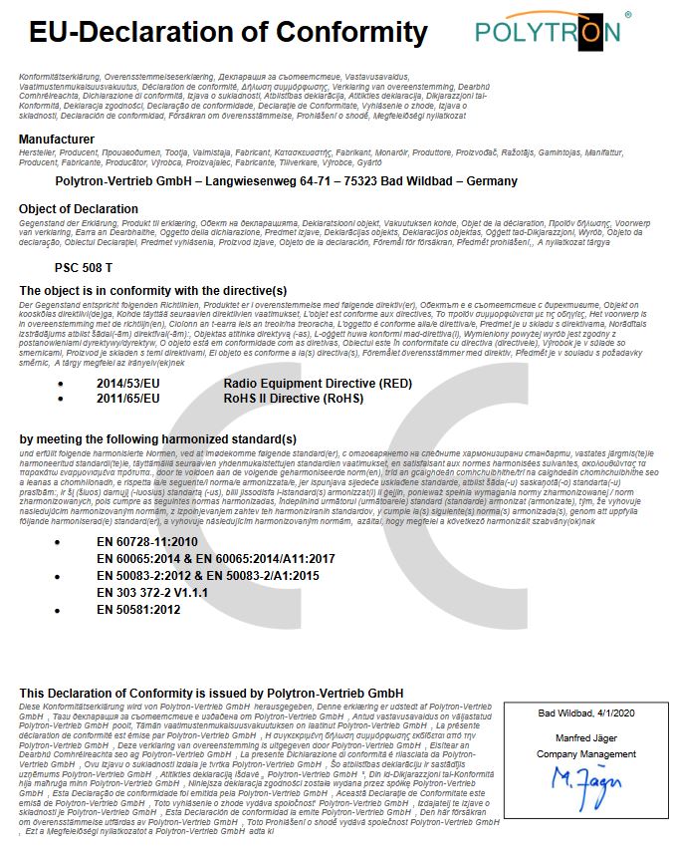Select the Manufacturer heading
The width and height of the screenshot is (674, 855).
pos(57,139)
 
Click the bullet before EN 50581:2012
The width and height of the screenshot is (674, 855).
pos(59,609)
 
